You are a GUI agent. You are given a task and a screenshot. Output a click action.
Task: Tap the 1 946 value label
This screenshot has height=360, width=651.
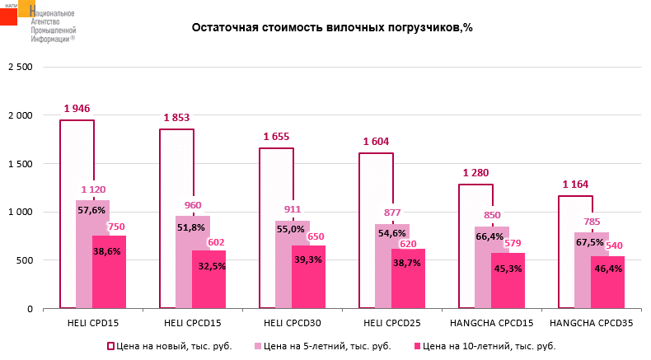point(77,108)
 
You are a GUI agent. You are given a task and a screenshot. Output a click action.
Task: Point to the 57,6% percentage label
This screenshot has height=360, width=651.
point(91,210)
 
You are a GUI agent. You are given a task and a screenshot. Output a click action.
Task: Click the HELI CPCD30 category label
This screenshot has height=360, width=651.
point(292,324)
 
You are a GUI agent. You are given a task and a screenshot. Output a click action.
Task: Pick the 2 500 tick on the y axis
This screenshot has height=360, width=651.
point(19,67)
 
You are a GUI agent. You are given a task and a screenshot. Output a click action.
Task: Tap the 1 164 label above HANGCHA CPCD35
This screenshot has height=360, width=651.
point(575,184)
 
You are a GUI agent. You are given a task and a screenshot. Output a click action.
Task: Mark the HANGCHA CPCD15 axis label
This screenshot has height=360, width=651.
point(491,324)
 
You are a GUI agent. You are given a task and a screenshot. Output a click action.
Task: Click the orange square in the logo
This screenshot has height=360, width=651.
point(27,8)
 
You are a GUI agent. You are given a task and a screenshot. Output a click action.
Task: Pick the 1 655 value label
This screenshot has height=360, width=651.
point(276,136)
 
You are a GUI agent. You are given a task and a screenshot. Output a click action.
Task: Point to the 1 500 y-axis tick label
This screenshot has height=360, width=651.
point(19,163)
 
